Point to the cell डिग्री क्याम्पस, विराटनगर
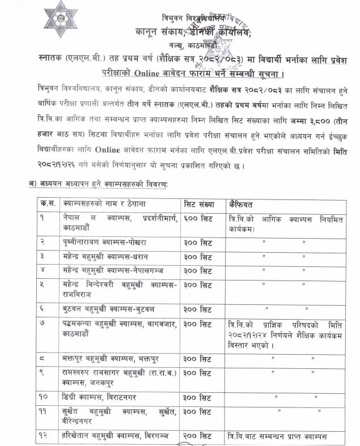tap(99, 397)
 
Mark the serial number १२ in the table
tap(44, 436)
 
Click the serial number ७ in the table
tap(43, 324)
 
